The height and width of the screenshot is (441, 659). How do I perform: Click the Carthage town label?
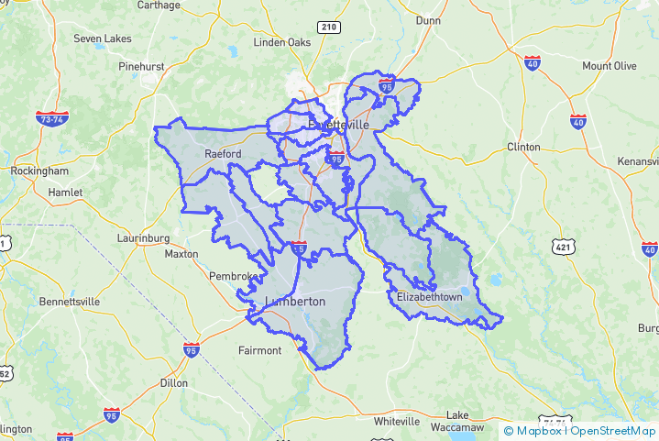tap(159, 5)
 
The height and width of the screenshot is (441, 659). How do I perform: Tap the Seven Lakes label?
tap(103, 39)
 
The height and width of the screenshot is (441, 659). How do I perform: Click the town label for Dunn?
tap(428, 19)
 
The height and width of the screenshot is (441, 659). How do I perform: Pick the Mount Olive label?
tap(610, 66)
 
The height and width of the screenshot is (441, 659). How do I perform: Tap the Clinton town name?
tap(523, 147)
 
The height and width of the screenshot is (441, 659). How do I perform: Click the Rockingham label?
tap(39, 171)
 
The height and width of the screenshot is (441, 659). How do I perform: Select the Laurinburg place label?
tap(144, 237)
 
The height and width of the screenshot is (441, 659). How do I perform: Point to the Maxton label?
tap(181, 254)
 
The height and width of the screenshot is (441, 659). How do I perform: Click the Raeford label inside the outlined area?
tap(223, 153)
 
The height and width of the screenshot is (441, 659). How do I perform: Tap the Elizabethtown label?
tap(430, 297)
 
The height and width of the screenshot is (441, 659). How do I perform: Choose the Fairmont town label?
tap(259, 350)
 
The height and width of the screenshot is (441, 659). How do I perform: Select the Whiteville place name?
tap(397, 421)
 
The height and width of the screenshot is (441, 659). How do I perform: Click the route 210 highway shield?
tap(329, 28)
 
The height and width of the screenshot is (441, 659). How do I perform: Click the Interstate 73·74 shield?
tap(51, 119)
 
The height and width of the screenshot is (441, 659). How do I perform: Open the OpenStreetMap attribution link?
tap(613, 430)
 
